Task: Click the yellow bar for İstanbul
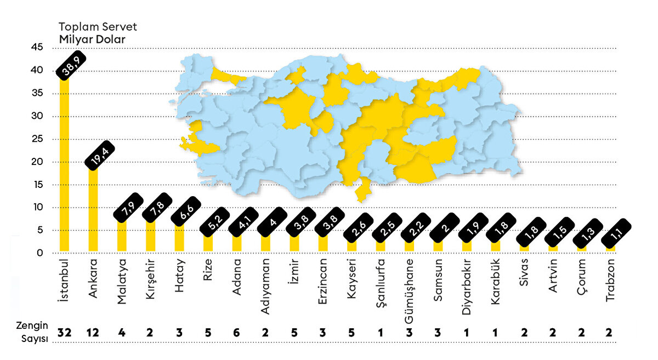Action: pyautogui.click(x=64, y=164)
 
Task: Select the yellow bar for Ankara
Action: pyautogui.click(x=93, y=211)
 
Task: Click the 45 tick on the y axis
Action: pyautogui.click(x=37, y=48)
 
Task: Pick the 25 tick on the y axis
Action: pyautogui.click(x=37, y=139)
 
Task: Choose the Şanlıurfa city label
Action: pyautogui.click(x=380, y=283)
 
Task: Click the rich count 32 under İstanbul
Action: pyautogui.click(x=64, y=333)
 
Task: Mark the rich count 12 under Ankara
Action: pyautogui.click(x=93, y=333)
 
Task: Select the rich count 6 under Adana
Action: pyautogui.click(x=236, y=333)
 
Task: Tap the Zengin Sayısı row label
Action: pyautogui.click(x=32, y=333)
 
